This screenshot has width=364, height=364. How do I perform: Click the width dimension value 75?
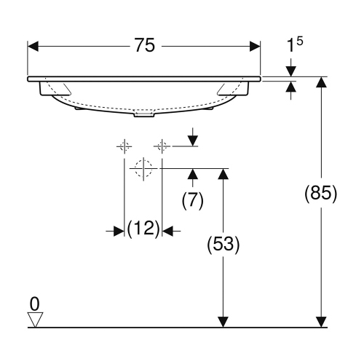pyautogui.click(x=144, y=45)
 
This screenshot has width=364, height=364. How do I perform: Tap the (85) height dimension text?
pyautogui.click(x=320, y=194)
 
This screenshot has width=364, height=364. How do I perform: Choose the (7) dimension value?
pyautogui.click(x=191, y=200)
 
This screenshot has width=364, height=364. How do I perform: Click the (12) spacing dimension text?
pyautogui.click(x=143, y=230)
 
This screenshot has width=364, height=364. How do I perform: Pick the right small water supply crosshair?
pyautogui.click(x=162, y=147)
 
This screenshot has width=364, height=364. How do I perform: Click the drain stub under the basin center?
pyautogui.click(x=144, y=114)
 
